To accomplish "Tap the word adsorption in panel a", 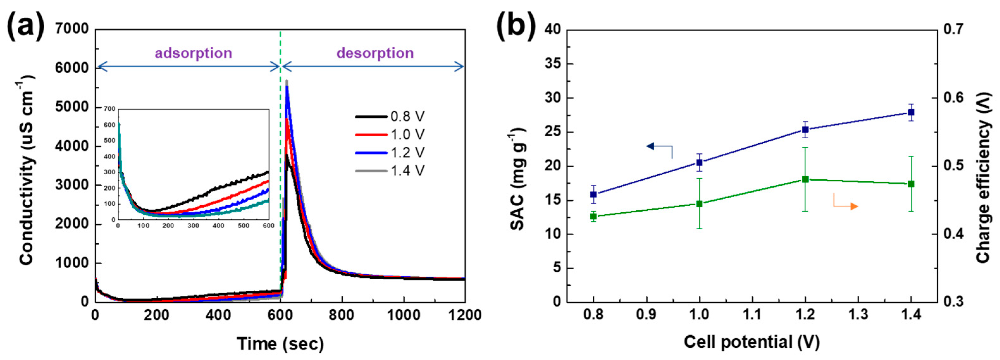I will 193,53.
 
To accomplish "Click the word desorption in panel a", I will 375,53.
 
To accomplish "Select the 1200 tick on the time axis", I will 464,315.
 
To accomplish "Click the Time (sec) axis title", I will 280,344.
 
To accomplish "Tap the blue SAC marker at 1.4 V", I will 911,113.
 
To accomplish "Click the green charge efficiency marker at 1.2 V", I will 805,179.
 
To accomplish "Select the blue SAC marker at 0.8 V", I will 593,195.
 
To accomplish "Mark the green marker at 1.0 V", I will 699,204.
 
